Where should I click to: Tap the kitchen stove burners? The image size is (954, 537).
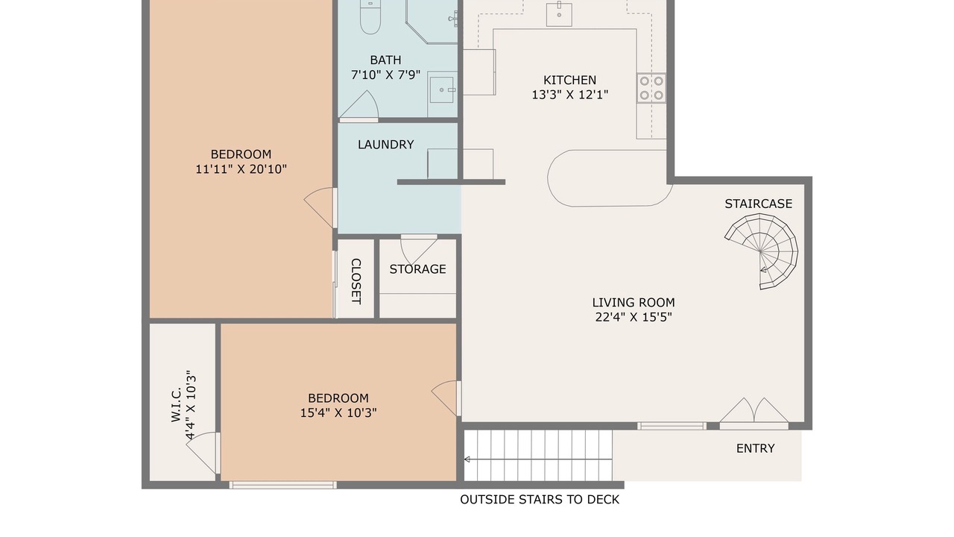coord(651,88)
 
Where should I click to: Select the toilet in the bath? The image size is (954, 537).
coord(370,16)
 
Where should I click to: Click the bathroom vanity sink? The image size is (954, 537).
coord(442,89)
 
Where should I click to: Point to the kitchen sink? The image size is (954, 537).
coord(559,13)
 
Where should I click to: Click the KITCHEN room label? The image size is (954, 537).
coord(569,80)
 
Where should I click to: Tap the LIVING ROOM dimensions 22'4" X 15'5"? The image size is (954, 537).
coord(634,317)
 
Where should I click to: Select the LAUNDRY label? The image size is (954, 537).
coord(385,145)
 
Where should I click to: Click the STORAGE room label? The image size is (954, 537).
coord(417,269)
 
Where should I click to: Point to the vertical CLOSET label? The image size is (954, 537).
coord(356,281)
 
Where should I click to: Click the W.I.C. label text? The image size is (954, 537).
coord(176,405)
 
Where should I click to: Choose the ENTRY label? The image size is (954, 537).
coord(755,448)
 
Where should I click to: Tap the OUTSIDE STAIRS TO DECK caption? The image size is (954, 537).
coord(540,500)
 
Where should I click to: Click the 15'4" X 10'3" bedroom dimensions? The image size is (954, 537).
coord(338,413)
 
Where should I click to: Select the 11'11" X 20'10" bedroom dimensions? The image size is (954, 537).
coord(241,169)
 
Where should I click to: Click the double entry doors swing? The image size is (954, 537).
coord(754,411)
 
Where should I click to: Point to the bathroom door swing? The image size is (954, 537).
coord(359,105)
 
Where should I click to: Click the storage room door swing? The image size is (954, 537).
coord(419,251)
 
